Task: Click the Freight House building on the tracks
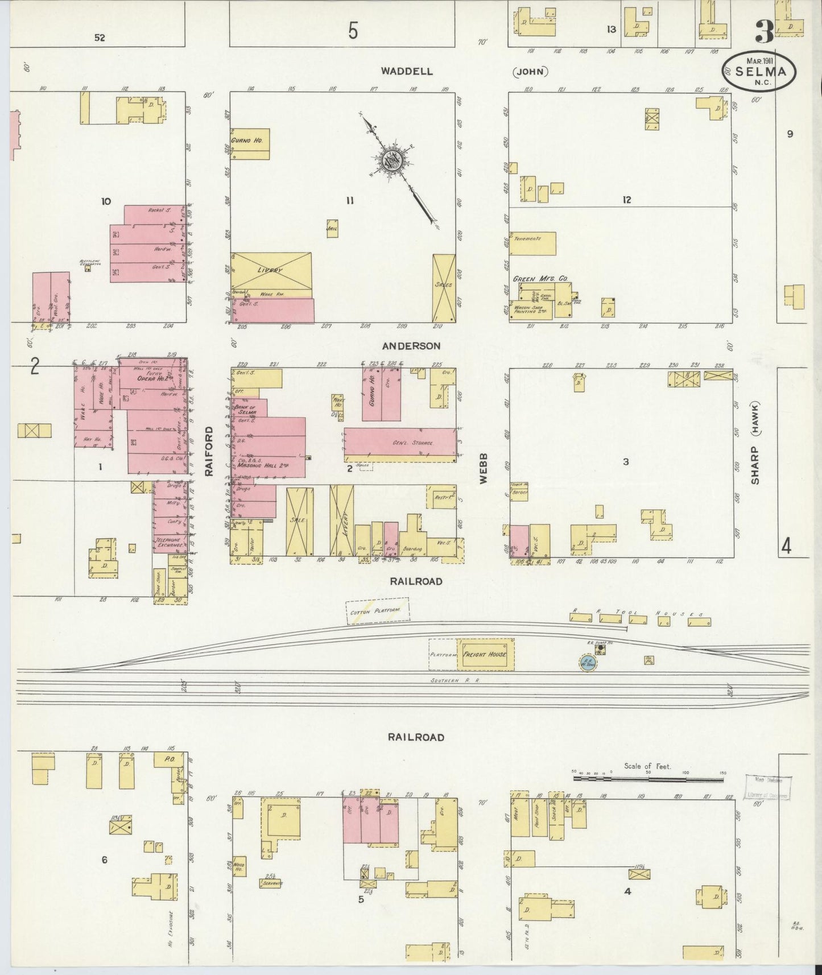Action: pyautogui.click(x=485, y=654)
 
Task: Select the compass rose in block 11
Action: pyautogui.click(x=393, y=160)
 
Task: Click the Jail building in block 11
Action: pyautogui.click(x=332, y=228)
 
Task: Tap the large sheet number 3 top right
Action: pyautogui.click(x=764, y=33)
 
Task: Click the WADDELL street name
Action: pyautogui.click(x=407, y=71)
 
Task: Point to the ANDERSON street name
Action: pyautogui.click(x=411, y=346)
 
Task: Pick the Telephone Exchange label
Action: pyautogui.click(x=169, y=543)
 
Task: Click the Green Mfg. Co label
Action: pyautogui.click(x=540, y=279)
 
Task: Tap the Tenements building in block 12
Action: pyautogui.click(x=532, y=243)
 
